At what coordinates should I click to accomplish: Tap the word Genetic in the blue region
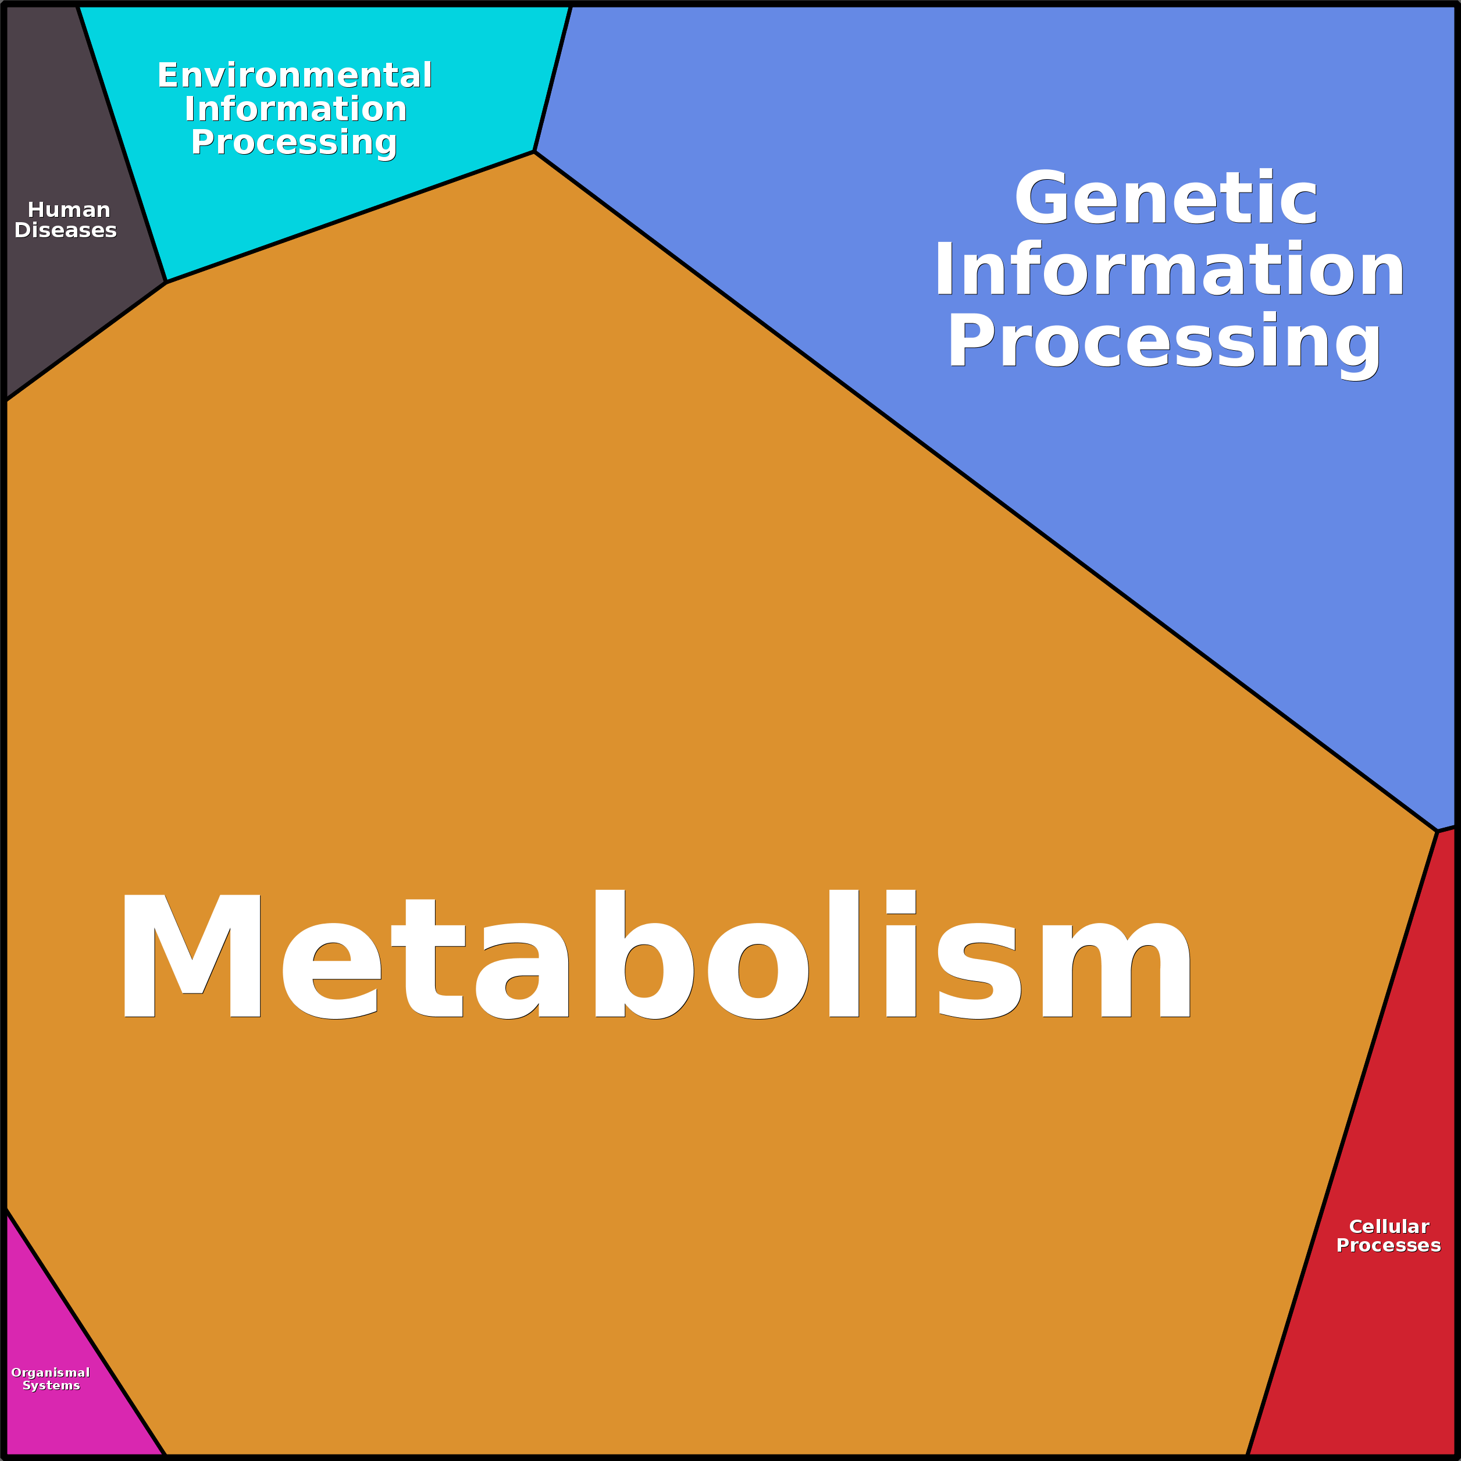[x=1166, y=198]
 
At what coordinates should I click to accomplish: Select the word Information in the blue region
[x=1169, y=270]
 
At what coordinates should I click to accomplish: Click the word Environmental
[x=295, y=76]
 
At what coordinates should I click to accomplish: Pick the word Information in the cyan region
[x=295, y=109]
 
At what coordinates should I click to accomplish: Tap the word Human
[x=69, y=209]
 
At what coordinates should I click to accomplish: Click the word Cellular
[x=1389, y=1227]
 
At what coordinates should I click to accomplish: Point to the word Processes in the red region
[x=1388, y=1245]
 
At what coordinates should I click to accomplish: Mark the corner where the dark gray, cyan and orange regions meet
[x=166, y=282]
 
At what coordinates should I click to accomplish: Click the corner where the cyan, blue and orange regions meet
[x=534, y=152]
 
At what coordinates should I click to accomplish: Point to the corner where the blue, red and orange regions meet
[x=1437, y=831]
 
